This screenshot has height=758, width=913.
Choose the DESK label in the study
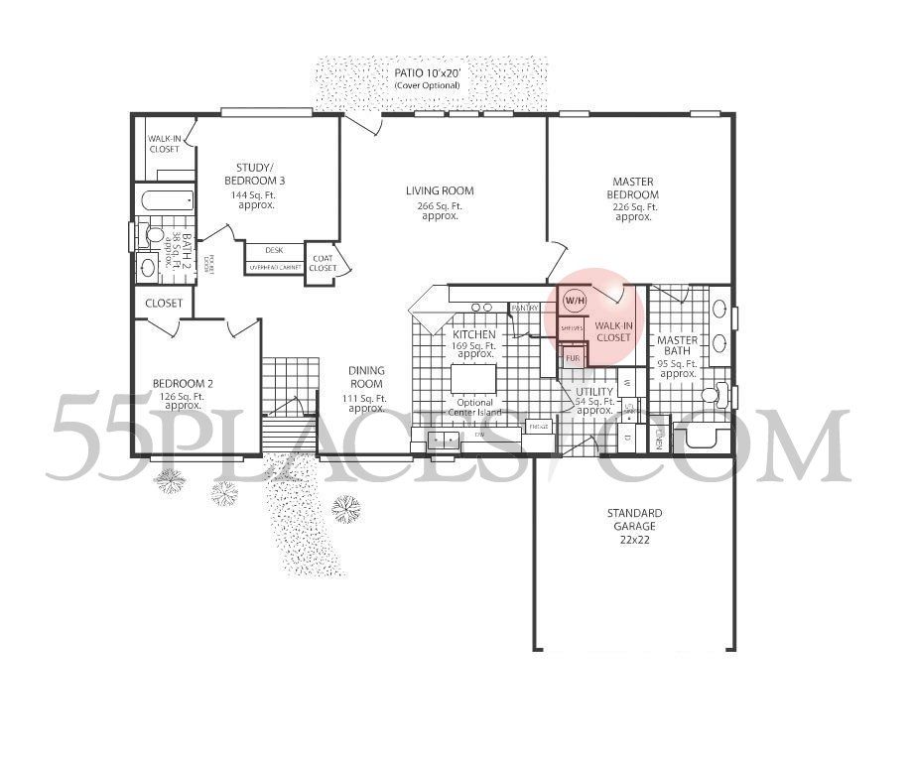click(x=274, y=250)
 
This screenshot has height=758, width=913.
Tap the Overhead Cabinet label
click(x=274, y=268)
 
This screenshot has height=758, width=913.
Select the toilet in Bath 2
click(x=151, y=236)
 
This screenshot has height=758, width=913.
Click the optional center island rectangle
click(x=474, y=379)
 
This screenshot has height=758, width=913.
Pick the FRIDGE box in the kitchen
click(x=539, y=427)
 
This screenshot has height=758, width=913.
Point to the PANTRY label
click(x=524, y=309)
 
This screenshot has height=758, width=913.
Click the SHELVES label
click(x=571, y=326)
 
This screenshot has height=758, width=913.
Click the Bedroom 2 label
click(x=183, y=390)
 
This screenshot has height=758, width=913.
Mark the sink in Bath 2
click(x=149, y=266)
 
